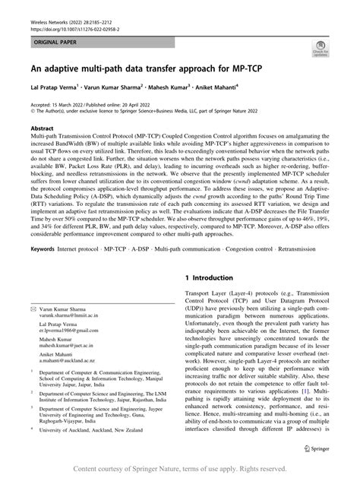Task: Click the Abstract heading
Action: click(x=41, y=129)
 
